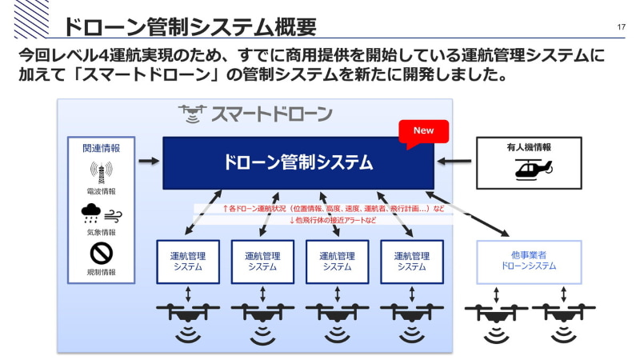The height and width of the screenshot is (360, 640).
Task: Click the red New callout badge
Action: tap(423, 131)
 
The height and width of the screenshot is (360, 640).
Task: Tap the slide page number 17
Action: tap(622, 27)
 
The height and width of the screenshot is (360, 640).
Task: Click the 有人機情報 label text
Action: tap(528, 147)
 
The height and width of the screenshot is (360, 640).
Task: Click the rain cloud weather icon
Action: tap(90, 213)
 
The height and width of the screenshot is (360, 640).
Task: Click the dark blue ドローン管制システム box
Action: tap(298, 162)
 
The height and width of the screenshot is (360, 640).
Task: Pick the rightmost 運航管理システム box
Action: tap(413, 261)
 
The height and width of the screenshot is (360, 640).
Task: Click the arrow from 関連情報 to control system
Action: tap(148, 161)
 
